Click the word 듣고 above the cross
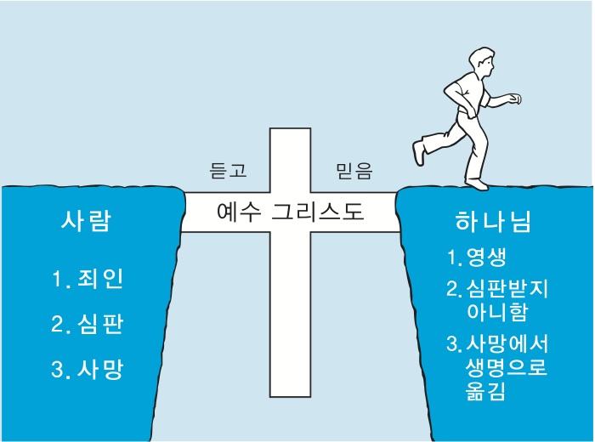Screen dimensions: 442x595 point(228,171)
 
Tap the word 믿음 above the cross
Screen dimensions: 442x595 point(354,171)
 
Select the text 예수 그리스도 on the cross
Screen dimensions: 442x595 point(291,211)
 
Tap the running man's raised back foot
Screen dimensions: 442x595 point(418,153)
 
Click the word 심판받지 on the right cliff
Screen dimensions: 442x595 point(507,287)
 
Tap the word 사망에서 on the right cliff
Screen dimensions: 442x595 point(507,345)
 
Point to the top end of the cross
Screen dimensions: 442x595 point(291,133)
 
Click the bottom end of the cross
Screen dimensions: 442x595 point(291,393)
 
